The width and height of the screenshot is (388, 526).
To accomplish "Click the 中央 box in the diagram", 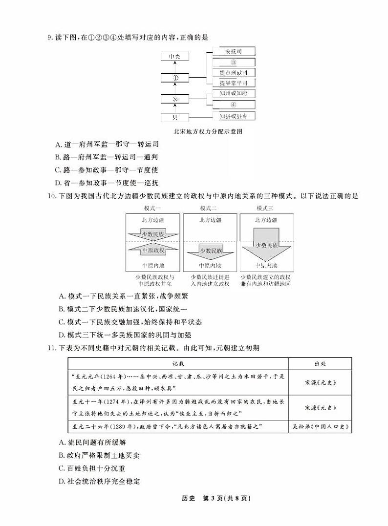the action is point(174,57).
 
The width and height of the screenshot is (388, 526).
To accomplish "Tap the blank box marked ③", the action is point(234,62).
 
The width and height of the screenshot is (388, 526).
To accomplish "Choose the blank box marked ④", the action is point(234,105).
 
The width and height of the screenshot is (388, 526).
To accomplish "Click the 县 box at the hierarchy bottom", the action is point(174,117).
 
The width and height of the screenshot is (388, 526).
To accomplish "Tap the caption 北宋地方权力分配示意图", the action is point(208,131).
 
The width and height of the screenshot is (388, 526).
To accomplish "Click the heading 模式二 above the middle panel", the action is point(209,209).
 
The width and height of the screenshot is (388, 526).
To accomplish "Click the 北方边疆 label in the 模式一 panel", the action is point(153,220).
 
